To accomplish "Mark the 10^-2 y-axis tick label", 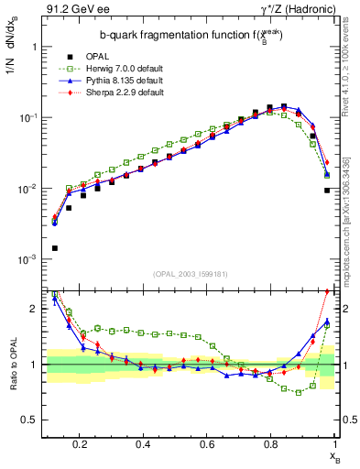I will coord(29,189).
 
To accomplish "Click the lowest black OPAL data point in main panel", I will coord(54,248).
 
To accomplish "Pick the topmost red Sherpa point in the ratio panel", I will coord(327,292).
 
